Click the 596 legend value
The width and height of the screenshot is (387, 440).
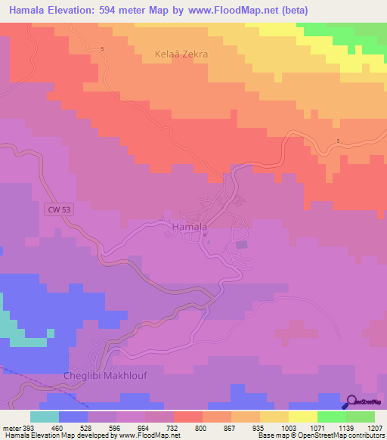pyautogui.click(x=116, y=427)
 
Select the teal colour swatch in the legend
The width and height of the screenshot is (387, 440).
pyautogui.click(x=44, y=417)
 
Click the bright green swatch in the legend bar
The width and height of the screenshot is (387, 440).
pyautogui.click(x=331, y=417)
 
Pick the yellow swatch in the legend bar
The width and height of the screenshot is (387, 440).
pyautogui.click(x=302, y=417)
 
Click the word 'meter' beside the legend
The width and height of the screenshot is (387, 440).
pyautogui.click(x=11, y=427)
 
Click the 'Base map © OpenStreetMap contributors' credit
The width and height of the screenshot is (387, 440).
pyautogui.click(x=320, y=435)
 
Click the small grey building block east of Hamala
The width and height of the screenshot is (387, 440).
pyautogui.click(x=242, y=244)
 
